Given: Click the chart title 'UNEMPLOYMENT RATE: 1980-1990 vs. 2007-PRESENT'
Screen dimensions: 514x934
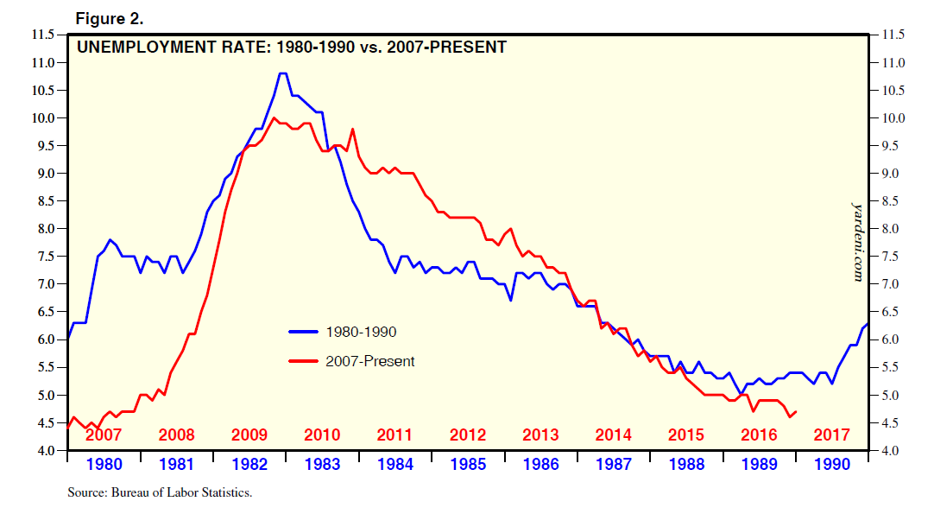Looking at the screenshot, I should click(292, 47).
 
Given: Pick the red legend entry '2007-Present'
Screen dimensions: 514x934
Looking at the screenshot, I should click(369, 361).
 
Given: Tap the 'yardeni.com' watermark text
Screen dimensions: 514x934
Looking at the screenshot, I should click(858, 242).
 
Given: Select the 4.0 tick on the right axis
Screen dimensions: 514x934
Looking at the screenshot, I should click(893, 451).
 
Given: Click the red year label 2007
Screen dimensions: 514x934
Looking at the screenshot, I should click(104, 435).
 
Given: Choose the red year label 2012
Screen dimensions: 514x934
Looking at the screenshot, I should click(468, 435).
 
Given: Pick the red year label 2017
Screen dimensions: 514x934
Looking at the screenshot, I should click(832, 435).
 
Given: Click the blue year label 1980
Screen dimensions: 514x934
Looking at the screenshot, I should click(104, 464).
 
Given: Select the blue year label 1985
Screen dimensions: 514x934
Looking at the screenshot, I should click(468, 464).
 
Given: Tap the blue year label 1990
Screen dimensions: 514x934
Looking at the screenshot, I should click(832, 464).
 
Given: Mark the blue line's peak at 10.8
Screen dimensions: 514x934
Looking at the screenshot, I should click(282, 73).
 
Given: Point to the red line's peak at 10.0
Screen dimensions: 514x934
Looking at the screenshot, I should click(274, 117).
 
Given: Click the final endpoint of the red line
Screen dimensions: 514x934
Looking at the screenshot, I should click(795, 412).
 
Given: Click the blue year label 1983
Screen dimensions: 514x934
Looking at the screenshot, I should click(322, 464).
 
